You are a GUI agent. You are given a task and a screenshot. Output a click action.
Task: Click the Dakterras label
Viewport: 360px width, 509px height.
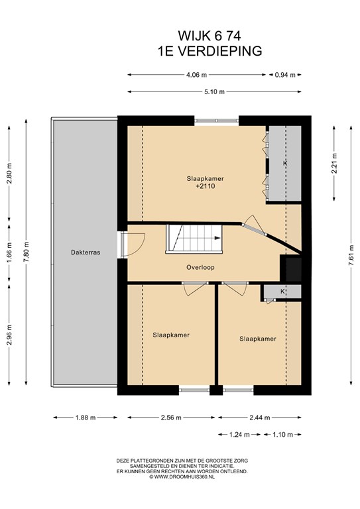[86, 253]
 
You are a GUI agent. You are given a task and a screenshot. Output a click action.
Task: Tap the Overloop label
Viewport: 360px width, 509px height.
[200, 268]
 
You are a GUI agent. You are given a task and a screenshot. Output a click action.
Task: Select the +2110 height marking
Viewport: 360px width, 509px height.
[206, 186]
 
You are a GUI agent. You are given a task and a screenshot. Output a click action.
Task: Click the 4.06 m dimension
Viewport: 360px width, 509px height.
[196, 75]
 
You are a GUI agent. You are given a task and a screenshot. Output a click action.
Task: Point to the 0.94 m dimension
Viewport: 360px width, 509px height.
[285, 75]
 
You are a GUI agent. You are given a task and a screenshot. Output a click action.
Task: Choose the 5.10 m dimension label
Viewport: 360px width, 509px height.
[214, 92]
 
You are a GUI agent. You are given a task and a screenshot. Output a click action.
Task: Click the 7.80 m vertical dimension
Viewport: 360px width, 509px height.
[27, 253]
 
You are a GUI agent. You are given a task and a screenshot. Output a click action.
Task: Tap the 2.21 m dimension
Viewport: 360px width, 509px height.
[334, 163]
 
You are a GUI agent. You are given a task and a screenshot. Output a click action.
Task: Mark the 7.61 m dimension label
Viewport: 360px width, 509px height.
[351, 255]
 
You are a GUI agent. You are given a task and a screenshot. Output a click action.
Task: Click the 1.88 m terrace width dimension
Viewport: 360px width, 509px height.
[86, 418]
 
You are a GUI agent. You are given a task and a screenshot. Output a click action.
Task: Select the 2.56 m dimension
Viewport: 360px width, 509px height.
[171, 418]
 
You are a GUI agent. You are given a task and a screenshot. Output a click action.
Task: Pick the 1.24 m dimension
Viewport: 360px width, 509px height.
[239, 435]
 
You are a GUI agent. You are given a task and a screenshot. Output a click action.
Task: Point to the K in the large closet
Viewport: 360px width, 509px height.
[285, 163]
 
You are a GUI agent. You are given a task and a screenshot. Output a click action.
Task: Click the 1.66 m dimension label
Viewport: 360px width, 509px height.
[9, 253]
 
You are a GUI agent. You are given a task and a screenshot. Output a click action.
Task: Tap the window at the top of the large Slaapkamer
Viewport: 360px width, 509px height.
[217, 121]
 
